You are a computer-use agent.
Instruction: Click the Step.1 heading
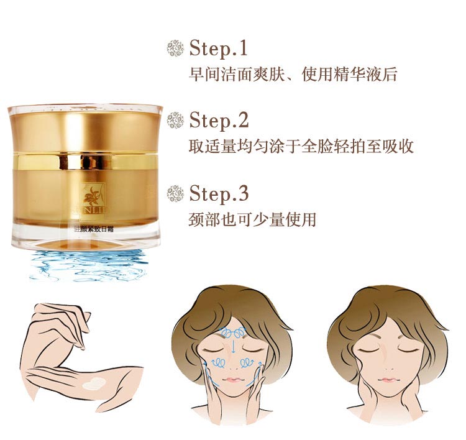(219, 48)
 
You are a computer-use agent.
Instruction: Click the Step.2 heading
(219, 120)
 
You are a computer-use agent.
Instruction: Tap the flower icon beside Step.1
(176, 48)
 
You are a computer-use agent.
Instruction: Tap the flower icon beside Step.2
(176, 121)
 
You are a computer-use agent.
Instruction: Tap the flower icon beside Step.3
(176, 194)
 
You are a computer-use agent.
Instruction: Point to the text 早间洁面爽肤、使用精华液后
(293, 75)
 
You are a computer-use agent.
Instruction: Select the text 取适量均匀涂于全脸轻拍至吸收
(301, 147)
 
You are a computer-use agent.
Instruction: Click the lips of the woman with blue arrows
(231, 379)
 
